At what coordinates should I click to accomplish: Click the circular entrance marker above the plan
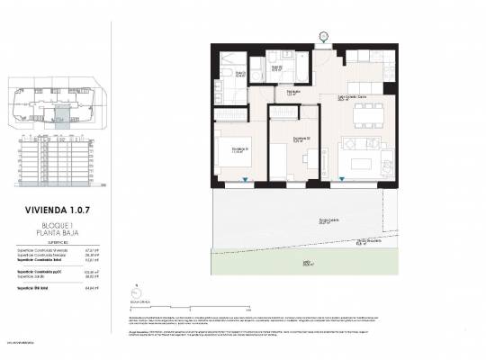point(323,37)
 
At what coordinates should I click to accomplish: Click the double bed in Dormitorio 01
point(232,148)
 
